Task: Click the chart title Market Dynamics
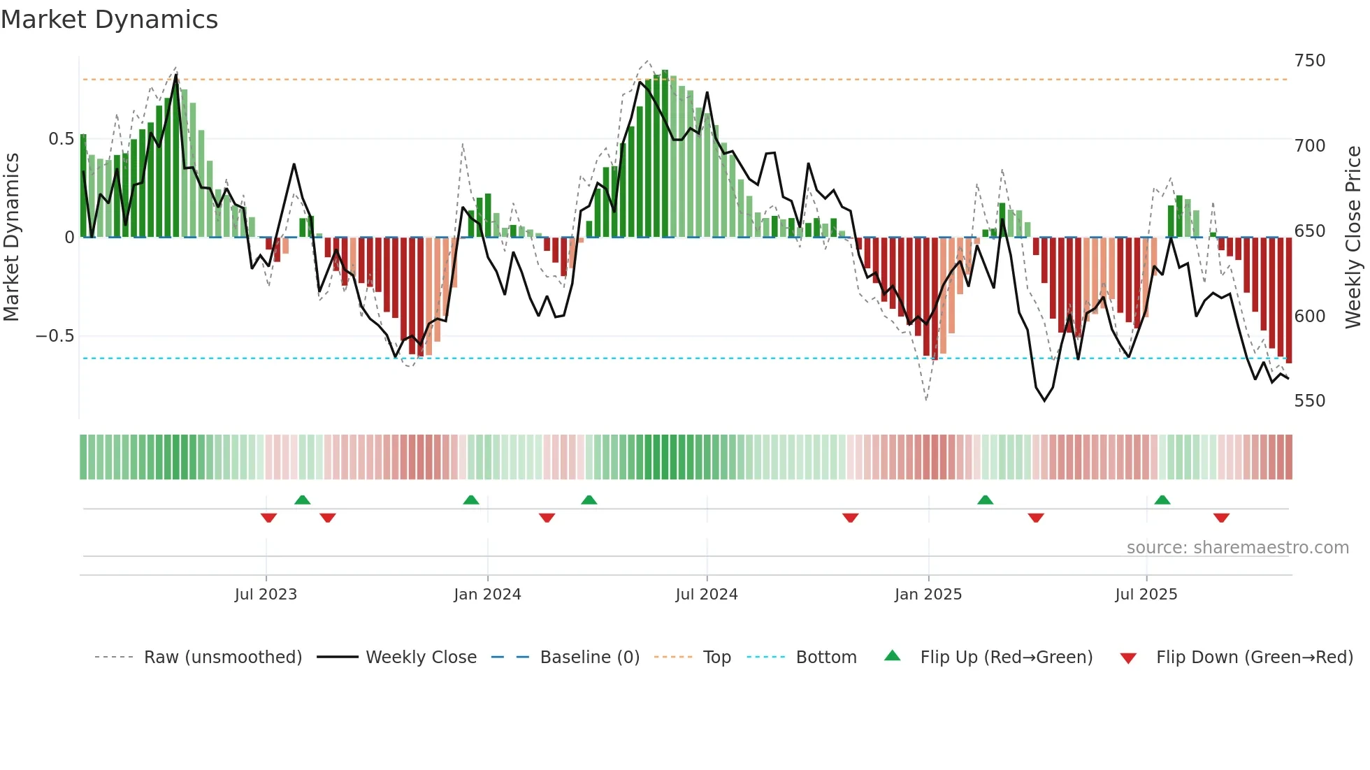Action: (x=109, y=20)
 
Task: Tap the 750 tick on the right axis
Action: (x=1309, y=61)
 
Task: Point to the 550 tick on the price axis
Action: (x=1309, y=401)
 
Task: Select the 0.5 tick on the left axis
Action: (x=61, y=139)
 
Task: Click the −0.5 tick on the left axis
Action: (x=55, y=336)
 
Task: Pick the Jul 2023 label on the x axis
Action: (x=266, y=595)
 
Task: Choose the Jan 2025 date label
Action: (x=928, y=595)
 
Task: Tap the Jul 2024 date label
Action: (x=706, y=595)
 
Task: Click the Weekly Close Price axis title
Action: (x=1353, y=238)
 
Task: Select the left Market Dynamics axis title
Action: (x=11, y=238)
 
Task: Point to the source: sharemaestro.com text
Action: (x=1237, y=548)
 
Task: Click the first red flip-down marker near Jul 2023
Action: (x=268, y=518)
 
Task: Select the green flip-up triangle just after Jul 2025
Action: (x=1162, y=500)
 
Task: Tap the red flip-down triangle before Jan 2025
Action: (x=850, y=518)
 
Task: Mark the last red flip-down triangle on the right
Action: (x=1221, y=518)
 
